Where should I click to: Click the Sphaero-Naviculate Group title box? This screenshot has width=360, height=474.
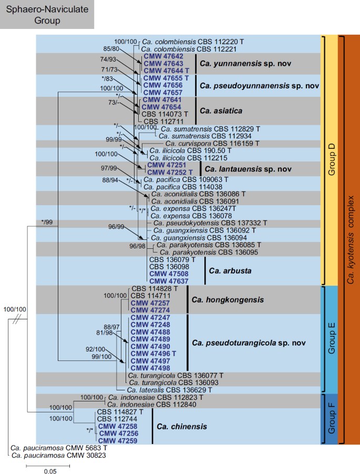(47, 14)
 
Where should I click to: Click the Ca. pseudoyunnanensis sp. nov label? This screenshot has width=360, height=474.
(244, 84)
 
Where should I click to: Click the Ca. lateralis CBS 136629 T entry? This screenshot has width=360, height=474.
(172, 390)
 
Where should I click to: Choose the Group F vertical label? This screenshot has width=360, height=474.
(331, 419)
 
